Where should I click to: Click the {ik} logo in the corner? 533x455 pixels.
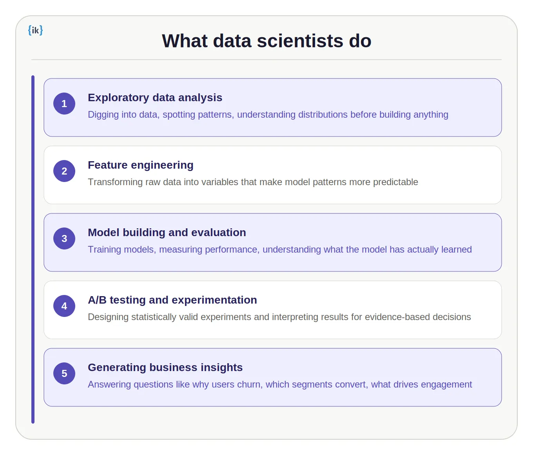[x=35, y=30]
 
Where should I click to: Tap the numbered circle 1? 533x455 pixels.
[x=64, y=104]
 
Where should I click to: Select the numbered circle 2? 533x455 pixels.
[x=64, y=171]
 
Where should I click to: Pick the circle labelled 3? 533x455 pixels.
[x=64, y=238]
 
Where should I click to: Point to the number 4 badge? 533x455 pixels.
[x=64, y=306]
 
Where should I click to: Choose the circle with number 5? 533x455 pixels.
[x=64, y=373]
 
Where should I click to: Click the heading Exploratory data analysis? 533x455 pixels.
[x=155, y=98]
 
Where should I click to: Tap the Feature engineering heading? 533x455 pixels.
[x=140, y=165]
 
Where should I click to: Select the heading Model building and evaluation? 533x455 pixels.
[x=167, y=233]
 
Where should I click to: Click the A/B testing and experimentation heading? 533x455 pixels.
[x=172, y=300]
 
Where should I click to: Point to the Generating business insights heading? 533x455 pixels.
[x=165, y=368]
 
